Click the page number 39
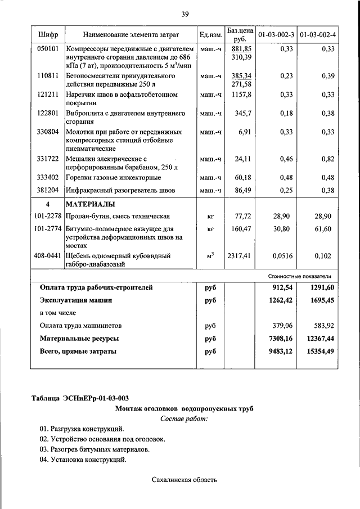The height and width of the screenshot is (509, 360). pos(184,13)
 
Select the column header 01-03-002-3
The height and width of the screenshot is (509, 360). pos(276,35)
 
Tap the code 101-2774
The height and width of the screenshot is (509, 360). pos(48,229)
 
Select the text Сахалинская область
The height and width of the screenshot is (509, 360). pos(184,480)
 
